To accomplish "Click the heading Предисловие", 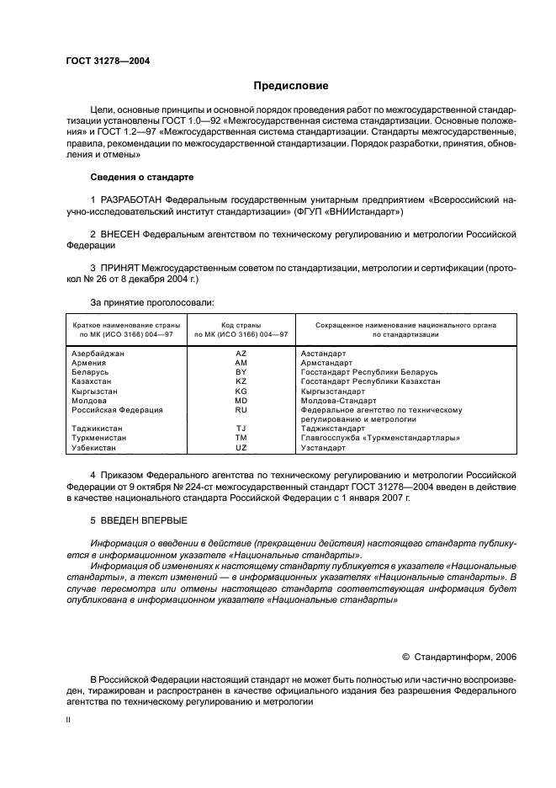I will (x=291, y=86).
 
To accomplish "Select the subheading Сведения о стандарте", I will (x=141, y=178).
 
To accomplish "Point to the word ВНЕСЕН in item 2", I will (x=121, y=232).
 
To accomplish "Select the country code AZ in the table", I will (x=241, y=354).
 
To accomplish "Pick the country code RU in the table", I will (x=241, y=410).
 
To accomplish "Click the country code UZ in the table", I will (x=241, y=448).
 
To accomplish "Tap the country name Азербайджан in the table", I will (x=99, y=354).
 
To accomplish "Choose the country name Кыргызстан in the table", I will (x=95, y=391).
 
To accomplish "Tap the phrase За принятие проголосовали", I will (x=140, y=301).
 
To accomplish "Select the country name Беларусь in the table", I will (x=91, y=372).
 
